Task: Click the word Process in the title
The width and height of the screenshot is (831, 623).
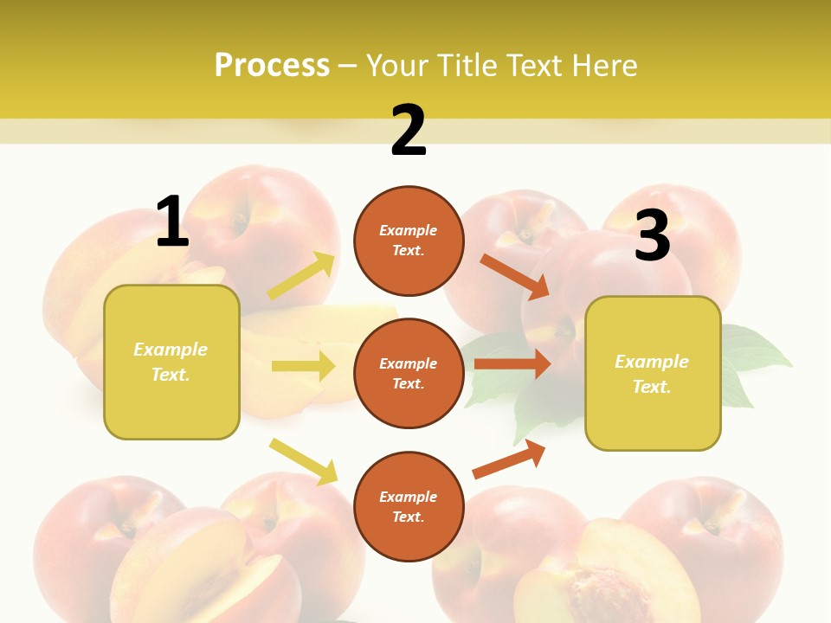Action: [272, 65]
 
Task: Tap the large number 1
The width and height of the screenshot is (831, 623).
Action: [172, 222]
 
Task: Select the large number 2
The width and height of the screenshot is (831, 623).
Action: [409, 131]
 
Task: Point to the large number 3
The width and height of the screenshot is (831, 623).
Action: [653, 235]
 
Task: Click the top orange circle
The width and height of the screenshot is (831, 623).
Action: [409, 241]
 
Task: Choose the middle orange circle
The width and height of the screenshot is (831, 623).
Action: [409, 373]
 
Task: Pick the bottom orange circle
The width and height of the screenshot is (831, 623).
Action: [409, 506]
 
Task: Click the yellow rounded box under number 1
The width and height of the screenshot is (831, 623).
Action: [171, 362]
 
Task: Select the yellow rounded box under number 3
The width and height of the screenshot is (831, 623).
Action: [653, 373]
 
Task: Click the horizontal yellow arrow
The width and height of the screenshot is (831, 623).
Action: [303, 366]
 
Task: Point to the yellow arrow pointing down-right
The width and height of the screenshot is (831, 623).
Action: [303, 461]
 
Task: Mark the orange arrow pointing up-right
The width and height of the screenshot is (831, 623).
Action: [509, 459]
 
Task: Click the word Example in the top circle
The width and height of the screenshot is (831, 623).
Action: [409, 231]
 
